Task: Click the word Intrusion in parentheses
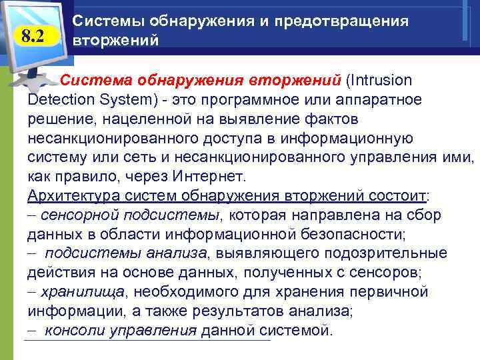pyautogui.click(x=381, y=81)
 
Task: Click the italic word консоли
pyautogui.click(x=73, y=331)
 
